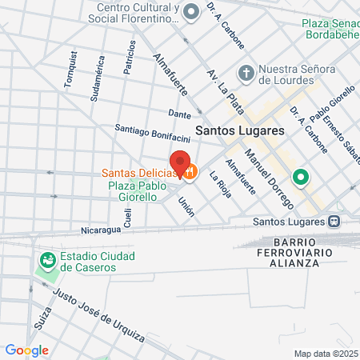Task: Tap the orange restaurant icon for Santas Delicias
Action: click(190, 171)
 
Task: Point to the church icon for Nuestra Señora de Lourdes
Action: click(247, 73)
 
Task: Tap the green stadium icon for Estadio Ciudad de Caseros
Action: click(47, 260)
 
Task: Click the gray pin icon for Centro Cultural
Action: click(191, 12)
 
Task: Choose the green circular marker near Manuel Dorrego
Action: click(301, 177)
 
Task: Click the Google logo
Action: click(26, 350)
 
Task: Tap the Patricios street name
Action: click(128, 58)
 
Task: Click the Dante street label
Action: click(178, 114)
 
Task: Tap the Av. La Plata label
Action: click(225, 90)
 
